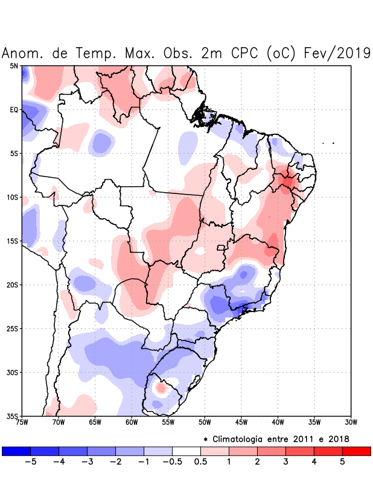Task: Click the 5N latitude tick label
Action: pyautogui.click(x=13, y=66)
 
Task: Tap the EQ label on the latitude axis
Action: pyautogui.click(x=13, y=110)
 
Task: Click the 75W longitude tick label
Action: pyautogui.click(x=22, y=422)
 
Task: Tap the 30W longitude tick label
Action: pyautogui.click(x=351, y=422)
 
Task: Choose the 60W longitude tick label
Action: pyautogui.click(x=132, y=422)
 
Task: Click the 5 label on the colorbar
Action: pyautogui.click(x=342, y=462)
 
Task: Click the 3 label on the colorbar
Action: pyautogui.click(x=285, y=462)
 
